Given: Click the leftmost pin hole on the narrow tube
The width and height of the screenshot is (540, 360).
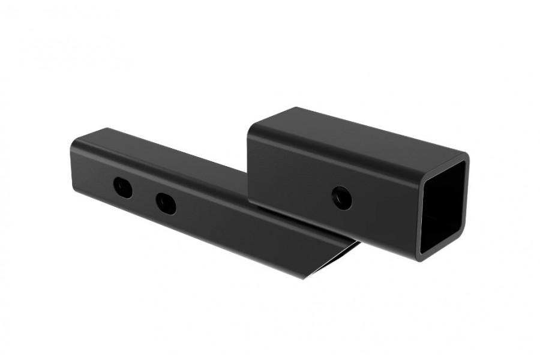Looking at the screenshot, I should point(124,188).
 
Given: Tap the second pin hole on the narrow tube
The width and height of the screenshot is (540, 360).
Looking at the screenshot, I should point(166,203).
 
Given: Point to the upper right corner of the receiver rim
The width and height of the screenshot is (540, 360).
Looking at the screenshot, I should point(465,157).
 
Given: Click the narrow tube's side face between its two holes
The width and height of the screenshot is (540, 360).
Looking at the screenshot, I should point(145,195).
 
